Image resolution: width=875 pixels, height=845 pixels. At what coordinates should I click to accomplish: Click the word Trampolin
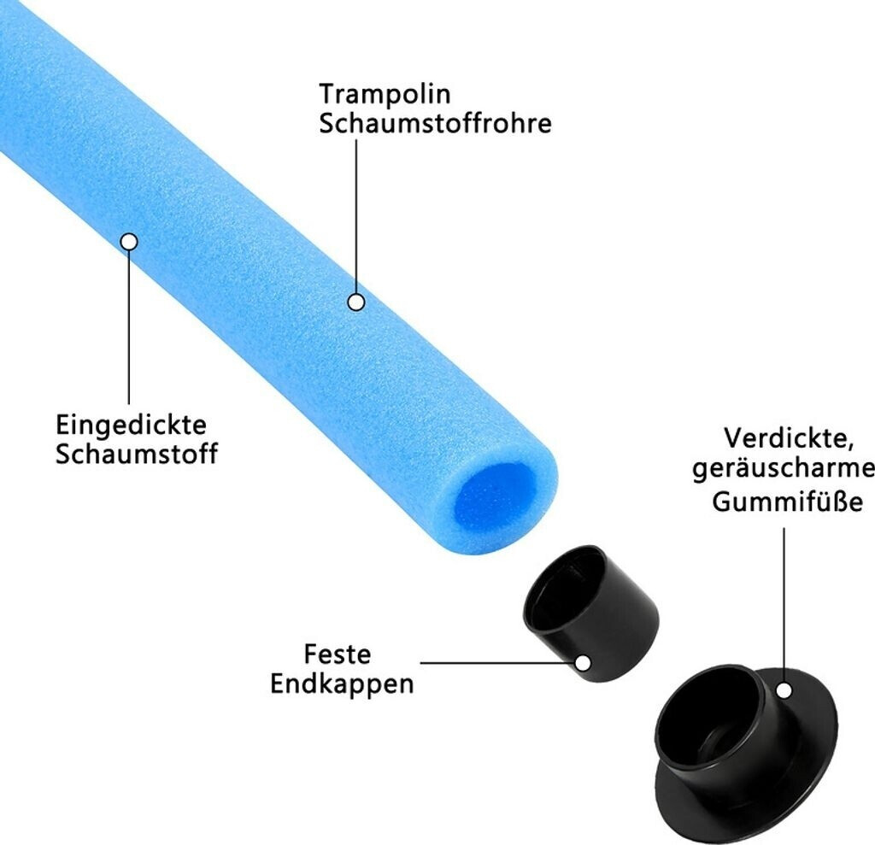385,94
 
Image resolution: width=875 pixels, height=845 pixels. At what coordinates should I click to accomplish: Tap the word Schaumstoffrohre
435,124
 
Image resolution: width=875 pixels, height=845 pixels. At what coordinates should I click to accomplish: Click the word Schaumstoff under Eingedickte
137,454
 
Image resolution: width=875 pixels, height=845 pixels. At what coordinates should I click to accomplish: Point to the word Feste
338,655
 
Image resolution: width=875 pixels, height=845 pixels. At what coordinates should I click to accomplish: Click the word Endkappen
342,684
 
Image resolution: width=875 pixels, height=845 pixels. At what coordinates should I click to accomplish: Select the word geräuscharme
784,471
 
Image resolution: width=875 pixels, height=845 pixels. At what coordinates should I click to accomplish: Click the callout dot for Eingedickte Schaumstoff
129,242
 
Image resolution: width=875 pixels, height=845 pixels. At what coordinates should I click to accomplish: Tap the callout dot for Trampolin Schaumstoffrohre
356,302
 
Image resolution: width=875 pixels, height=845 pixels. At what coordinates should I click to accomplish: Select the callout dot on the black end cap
584,663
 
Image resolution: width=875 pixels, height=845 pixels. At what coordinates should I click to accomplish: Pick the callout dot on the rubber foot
784,690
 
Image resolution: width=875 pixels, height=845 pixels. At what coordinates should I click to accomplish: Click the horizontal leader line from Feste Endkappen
496,663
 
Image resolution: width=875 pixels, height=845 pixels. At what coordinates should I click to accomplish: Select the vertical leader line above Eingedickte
129,325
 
